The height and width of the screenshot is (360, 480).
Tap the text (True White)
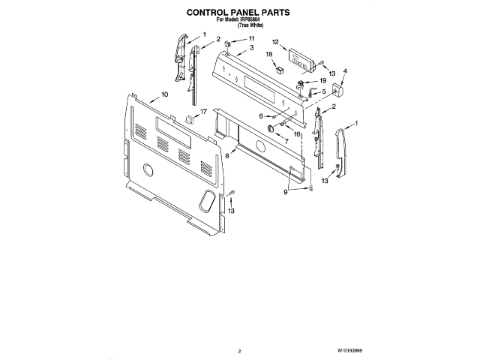point(250,26)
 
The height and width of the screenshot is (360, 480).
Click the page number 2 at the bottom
point(239,350)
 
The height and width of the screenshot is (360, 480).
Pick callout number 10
point(164,95)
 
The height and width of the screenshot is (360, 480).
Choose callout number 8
point(226,155)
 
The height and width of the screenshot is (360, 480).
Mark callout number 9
point(286,193)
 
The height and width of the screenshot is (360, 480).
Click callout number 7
point(286,140)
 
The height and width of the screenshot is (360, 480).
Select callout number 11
point(251,38)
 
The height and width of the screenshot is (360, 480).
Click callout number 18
point(268,55)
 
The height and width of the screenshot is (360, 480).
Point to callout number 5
point(323,91)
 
